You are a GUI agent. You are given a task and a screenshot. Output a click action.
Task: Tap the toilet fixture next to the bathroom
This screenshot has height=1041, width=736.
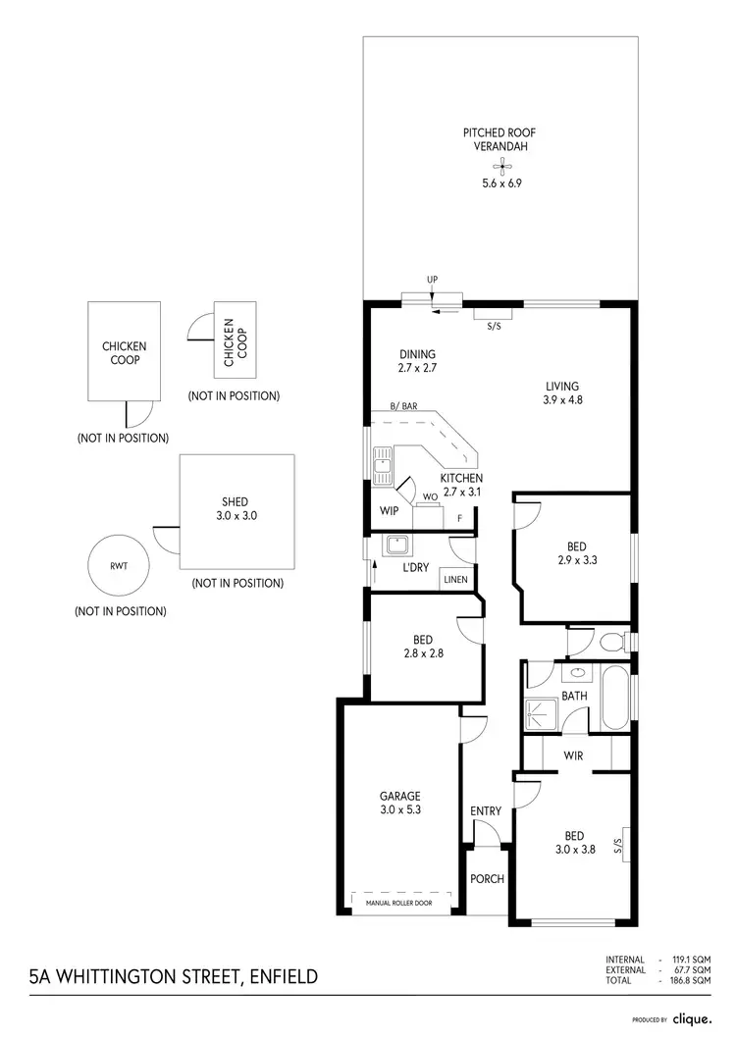(x=611, y=643)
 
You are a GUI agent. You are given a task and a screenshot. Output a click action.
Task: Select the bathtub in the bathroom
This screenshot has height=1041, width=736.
(x=613, y=698)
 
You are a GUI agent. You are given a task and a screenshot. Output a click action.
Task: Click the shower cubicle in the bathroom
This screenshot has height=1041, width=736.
(x=541, y=714)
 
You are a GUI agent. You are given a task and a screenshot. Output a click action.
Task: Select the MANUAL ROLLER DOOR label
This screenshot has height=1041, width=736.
(x=403, y=902)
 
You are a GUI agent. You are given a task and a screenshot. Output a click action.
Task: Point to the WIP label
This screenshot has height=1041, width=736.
(x=389, y=510)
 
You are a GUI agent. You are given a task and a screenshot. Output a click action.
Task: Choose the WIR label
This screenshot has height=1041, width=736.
(x=574, y=755)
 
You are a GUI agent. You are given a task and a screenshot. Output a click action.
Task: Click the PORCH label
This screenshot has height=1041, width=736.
(x=487, y=878)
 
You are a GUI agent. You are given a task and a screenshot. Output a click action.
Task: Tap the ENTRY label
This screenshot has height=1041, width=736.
(x=486, y=810)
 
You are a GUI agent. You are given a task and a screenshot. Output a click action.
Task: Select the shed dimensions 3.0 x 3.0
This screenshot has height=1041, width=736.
(x=236, y=515)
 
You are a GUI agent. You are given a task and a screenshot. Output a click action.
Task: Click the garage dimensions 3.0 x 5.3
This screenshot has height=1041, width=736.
(x=400, y=809)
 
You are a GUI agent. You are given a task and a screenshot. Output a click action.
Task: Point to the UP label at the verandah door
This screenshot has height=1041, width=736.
(x=432, y=280)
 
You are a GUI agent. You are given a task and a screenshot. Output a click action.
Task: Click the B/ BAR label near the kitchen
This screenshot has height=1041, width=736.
(x=403, y=406)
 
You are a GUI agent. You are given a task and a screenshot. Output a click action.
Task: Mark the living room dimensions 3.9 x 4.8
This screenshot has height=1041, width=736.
(x=562, y=399)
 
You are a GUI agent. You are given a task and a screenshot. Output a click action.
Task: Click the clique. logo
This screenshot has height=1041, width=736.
(x=691, y=1018)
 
